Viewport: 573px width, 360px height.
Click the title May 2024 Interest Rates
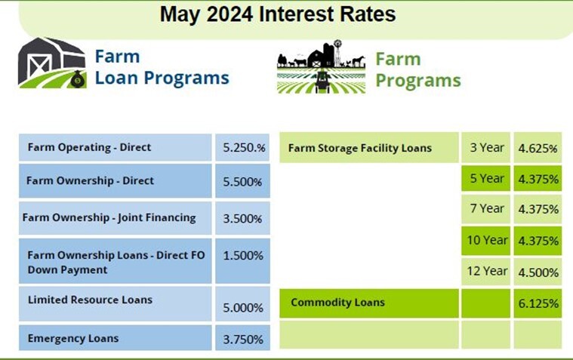(x=277, y=15)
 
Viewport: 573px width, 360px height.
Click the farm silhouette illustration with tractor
(x=322, y=68)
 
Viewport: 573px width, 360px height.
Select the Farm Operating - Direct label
(x=89, y=147)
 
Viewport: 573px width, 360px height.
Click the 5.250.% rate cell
(x=244, y=147)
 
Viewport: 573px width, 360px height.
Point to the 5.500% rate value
(x=243, y=181)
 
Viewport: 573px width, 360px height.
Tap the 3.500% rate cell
(x=243, y=219)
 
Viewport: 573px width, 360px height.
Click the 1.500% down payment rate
(x=243, y=256)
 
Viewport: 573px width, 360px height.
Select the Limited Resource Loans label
(x=90, y=300)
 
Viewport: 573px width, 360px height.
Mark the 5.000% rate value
(x=243, y=308)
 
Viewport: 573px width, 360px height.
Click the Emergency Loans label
(x=73, y=338)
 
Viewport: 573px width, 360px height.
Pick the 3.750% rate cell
(x=243, y=339)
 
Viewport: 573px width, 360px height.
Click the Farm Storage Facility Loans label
(x=360, y=148)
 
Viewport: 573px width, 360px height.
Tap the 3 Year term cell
(x=487, y=147)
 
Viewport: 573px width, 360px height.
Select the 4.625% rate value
(x=538, y=149)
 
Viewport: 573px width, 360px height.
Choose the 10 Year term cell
(x=487, y=240)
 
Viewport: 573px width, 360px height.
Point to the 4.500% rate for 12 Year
(x=538, y=272)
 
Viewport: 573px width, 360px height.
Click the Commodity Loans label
(x=338, y=302)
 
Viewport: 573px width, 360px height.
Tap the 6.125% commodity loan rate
(x=538, y=303)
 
